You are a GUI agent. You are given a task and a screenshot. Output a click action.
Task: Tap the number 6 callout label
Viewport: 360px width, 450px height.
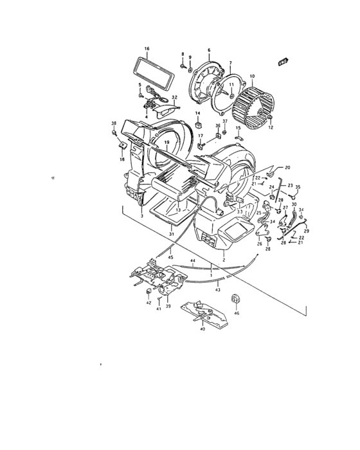(x=209, y=50)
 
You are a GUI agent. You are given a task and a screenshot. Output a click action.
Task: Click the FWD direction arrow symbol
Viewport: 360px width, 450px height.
(x=282, y=61)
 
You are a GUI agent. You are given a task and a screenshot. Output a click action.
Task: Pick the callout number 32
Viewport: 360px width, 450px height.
(x=174, y=97)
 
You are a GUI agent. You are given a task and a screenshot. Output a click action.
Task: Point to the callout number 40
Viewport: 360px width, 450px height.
(x=203, y=329)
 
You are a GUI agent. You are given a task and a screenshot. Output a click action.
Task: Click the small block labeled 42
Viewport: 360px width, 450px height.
(x=148, y=298)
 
